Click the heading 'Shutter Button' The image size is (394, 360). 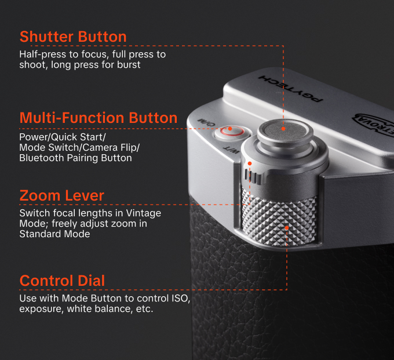pos(73,37)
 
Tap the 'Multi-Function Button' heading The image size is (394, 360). pos(99,118)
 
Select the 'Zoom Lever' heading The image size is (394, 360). pos(62,195)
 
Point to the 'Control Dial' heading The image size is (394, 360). pos(63,281)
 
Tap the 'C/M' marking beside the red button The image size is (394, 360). pos(209,122)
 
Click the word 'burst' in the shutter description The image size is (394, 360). pos(128,65)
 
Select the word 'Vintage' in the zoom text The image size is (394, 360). pos(145,213)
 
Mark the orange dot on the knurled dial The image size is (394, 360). pos(287,228)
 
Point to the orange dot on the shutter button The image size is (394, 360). pos(283,129)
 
